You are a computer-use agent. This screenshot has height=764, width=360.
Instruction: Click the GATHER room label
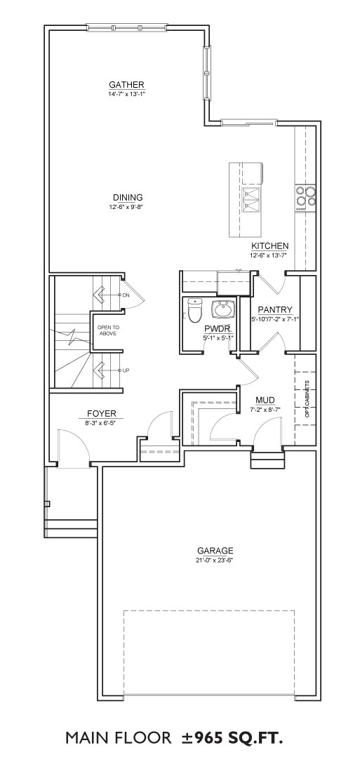point(126,83)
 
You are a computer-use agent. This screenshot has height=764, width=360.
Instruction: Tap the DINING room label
point(128,197)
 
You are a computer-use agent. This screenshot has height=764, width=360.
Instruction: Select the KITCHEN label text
point(269,246)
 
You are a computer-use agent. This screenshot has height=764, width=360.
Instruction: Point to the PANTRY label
point(275,309)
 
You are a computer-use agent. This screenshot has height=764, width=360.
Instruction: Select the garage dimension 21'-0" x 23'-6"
point(213,560)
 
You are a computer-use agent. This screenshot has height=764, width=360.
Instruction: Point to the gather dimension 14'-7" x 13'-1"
point(126,93)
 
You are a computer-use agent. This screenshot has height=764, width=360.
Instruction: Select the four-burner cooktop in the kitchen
point(305,197)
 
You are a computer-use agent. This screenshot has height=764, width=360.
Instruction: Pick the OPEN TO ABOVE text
point(107,330)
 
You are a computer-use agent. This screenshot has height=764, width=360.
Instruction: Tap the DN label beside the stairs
point(126,295)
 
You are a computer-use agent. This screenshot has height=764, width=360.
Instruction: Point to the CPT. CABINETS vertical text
point(307,398)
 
